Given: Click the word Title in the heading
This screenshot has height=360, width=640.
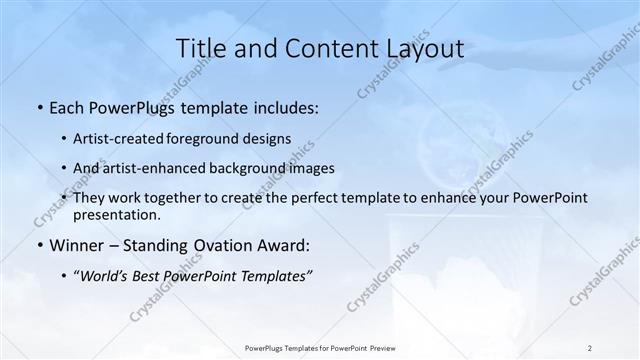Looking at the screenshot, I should (x=198, y=49).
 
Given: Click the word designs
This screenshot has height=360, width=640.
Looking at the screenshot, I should (x=265, y=138).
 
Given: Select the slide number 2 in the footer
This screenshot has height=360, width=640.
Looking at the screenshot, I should (x=589, y=348).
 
